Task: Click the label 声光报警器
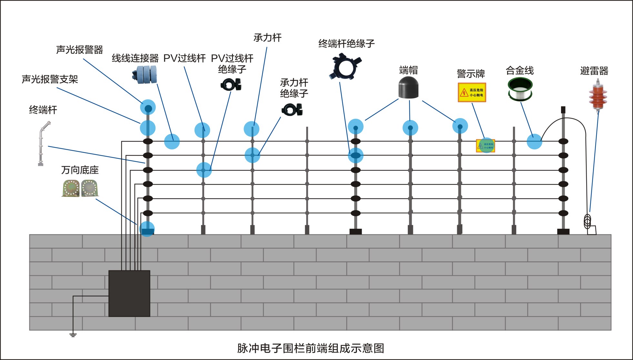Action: coord(79,50)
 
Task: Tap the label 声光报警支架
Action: coord(50,79)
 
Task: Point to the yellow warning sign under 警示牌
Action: coord(472,93)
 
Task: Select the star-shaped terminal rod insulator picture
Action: coord(345,67)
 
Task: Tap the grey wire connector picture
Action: coord(145,75)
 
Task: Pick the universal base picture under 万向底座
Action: coord(80,188)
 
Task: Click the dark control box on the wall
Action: coord(129,293)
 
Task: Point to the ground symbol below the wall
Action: coord(73,335)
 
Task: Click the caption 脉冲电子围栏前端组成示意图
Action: coord(310,348)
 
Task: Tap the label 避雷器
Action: coord(594,71)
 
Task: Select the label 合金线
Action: coord(519,70)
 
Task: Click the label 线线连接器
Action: coord(135,58)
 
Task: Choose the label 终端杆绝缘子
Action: coord(346,44)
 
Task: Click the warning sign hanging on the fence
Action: coord(485,146)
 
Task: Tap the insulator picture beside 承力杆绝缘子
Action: coord(292,110)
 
